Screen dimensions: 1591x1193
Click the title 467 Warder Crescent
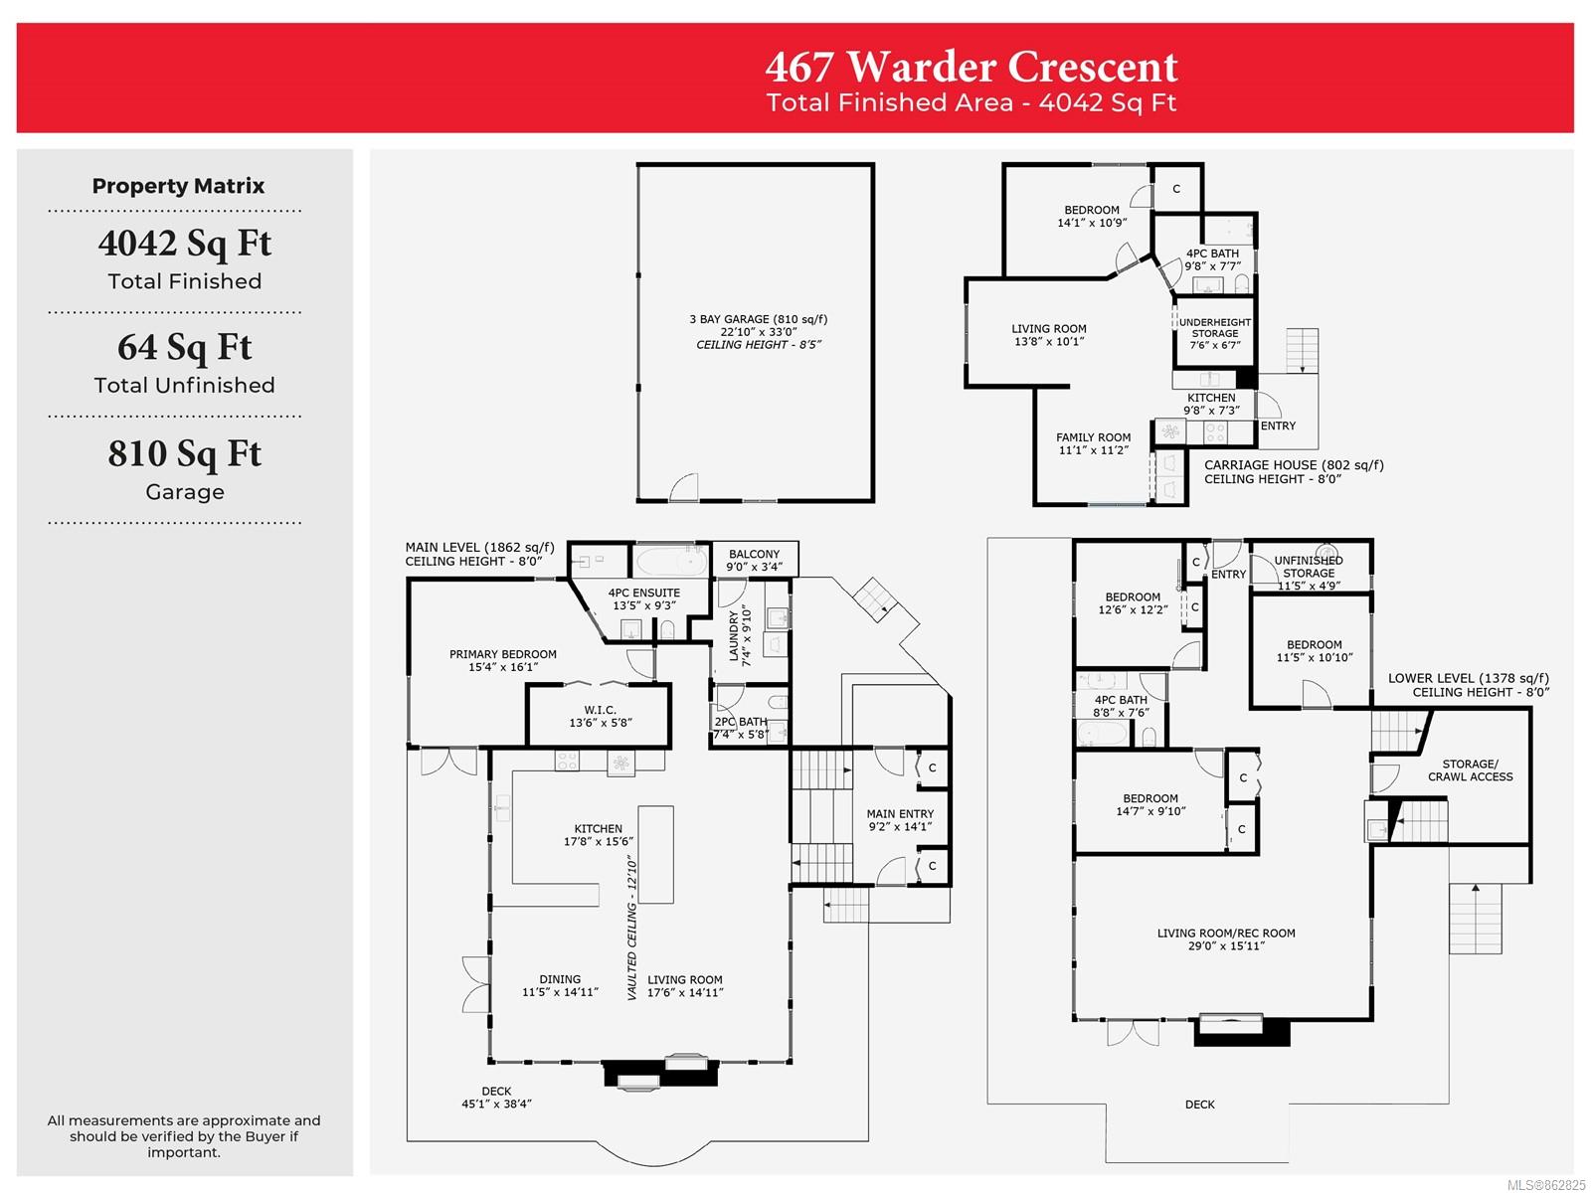[971, 67]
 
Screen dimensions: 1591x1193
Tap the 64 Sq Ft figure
[184, 347]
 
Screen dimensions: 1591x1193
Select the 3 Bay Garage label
[758, 331]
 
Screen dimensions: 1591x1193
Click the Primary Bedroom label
[502, 660]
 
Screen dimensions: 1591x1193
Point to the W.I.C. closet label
[601, 716]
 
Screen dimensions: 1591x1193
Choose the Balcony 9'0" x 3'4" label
[754, 560]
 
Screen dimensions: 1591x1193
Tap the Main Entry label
[900, 820]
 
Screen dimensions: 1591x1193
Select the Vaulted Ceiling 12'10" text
[631, 928]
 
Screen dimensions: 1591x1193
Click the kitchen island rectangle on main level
[655, 854]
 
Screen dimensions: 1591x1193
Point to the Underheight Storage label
[1214, 333]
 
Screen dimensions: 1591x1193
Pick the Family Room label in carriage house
[1092, 443]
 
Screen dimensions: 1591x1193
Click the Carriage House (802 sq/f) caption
[1293, 471]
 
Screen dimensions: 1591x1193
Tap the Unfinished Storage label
[1309, 573]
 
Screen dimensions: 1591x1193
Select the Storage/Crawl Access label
[1470, 769]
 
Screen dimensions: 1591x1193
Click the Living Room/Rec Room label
[1226, 938]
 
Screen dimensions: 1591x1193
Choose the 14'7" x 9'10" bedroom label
[1150, 804]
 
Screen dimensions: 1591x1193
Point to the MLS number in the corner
[1546, 1184]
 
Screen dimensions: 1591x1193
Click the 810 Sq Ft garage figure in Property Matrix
[184, 453]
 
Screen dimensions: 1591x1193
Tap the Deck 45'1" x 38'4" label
[496, 1097]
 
